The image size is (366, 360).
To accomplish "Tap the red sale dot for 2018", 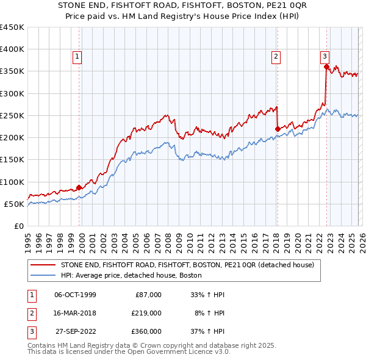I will point(278,129).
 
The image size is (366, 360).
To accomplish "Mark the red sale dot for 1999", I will point(79,187).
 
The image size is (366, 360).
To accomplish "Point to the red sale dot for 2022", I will point(326,67).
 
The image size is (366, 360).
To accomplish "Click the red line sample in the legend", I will point(42,265).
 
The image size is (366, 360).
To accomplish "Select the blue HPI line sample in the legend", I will point(42,276).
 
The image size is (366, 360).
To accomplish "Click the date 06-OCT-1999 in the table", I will point(75,295).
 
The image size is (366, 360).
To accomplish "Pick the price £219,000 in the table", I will point(146,313).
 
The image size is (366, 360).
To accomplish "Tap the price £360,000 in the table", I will point(146,331).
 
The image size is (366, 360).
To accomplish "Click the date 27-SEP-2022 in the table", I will point(76,331).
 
